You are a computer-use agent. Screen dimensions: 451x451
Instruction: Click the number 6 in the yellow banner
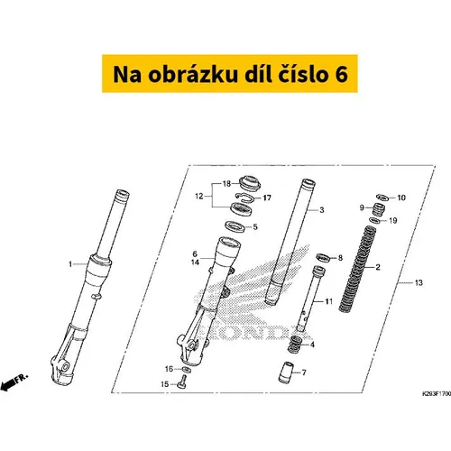(x=340, y=74)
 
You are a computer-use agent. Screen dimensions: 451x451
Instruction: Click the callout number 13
(x=419, y=282)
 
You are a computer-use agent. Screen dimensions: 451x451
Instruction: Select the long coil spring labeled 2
(x=357, y=269)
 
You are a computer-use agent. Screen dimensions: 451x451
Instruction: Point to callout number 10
(x=401, y=198)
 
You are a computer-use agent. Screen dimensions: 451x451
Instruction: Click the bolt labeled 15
(x=182, y=382)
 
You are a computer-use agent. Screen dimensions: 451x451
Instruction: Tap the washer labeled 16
(x=186, y=369)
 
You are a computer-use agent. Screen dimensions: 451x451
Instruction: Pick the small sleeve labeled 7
(x=285, y=373)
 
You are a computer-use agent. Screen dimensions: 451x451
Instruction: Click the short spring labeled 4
(x=296, y=345)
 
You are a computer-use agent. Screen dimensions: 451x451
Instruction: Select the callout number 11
(x=329, y=301)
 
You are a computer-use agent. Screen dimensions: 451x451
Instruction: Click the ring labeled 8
(x=323, y=257)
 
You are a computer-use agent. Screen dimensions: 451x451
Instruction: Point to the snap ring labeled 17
(x=244, y=197)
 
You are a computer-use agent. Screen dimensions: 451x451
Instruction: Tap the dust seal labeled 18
(x=250, y=183)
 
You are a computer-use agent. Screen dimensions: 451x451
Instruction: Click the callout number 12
(x=199, y=197)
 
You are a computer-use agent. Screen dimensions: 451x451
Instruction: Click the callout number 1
(x=70, y=264)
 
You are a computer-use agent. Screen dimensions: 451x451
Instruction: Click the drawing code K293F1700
(x=437, y=394)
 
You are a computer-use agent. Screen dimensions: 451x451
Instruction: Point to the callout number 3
(x=322, y=210)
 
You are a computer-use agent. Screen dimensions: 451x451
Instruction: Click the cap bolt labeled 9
(x=379, y=209)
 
